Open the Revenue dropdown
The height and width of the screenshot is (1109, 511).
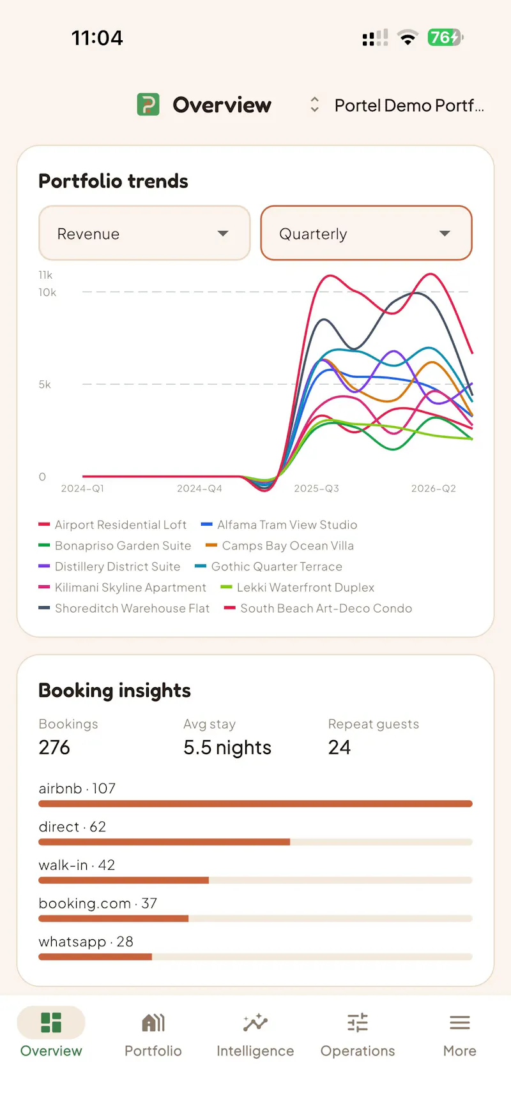click(x=144, y=233)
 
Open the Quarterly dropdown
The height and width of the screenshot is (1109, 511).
click(x=366, y=233)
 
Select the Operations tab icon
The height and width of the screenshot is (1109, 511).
click(x=358, y=1023)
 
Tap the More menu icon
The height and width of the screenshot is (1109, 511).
click(x=460, y=1023)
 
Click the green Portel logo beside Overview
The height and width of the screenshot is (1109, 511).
click(x=148, y=105)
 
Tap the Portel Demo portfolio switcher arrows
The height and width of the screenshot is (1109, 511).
click(x=314, y=105)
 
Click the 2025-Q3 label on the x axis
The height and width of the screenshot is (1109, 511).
click(x=317, y=489)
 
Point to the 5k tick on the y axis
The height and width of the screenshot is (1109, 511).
click(x=45, y=385)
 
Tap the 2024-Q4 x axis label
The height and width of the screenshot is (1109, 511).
click(x=199, y=489)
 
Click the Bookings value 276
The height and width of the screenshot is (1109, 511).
click(x=54, y=747)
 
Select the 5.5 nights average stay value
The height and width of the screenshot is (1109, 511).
click(x=227, y=747)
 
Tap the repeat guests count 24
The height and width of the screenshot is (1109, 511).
click(x=339, y=747)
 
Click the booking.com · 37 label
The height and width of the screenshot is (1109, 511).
click(x=98, y=904)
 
